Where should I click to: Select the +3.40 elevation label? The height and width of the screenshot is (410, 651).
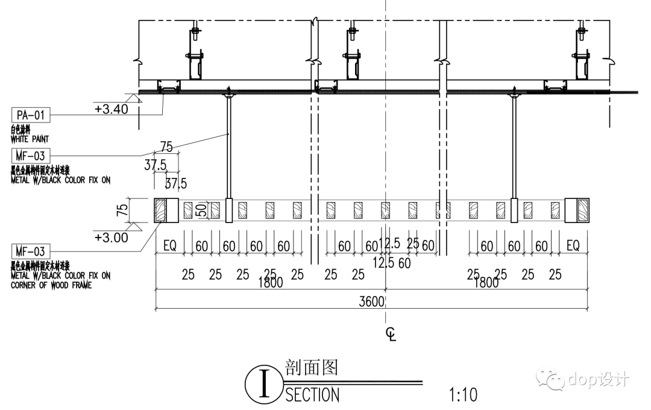pos(112,109)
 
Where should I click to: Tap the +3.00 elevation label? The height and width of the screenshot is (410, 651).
pos(112,238)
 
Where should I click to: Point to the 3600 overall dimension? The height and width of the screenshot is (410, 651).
pos(371,302)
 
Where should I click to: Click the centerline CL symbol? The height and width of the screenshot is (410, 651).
pos(391,333)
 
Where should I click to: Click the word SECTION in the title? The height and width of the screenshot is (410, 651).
pos(312,395)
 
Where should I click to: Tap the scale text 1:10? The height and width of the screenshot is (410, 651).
pos(463,395)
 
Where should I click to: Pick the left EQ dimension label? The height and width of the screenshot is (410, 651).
pos(170,246)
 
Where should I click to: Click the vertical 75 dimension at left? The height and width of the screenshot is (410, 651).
pos(122,210)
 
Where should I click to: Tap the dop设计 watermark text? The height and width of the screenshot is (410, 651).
pos(599,379)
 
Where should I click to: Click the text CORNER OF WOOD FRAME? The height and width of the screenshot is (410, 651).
pos(51,285)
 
